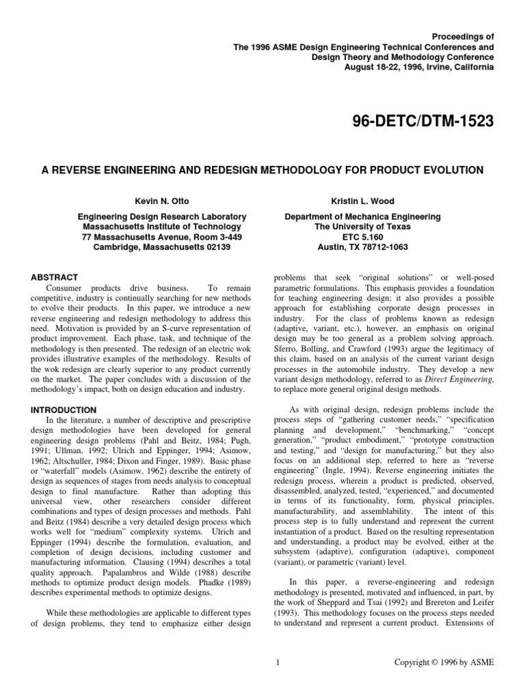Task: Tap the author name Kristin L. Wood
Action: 362,201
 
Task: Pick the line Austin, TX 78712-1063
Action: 362,246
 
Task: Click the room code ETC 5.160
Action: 362,236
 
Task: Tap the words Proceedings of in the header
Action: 462,33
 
